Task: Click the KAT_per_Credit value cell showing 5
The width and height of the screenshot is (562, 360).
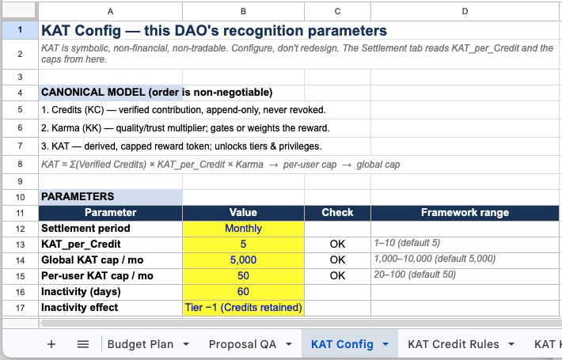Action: [x=243, y=244]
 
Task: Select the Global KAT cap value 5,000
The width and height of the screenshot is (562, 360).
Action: [x=243, y=260]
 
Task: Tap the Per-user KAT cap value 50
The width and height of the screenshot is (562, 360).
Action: [x=243, y=276]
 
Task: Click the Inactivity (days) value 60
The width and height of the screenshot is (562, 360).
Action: [x=243, y=292]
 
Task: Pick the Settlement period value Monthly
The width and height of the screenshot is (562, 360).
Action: [x=243, y=229]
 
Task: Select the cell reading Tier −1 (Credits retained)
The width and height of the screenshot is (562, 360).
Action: [x=243, y=308]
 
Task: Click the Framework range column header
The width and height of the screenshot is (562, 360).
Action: [x=465, y=213]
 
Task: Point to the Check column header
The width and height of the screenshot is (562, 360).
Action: [x=337, y=213]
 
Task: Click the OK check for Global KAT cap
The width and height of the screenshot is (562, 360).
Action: [x=337, y=260]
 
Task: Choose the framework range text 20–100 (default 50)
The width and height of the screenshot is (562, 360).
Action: [x=415, y=275]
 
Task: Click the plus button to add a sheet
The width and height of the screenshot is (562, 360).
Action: [x=51, y=344]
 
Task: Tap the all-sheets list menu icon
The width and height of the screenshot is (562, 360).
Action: [x=83, y=344]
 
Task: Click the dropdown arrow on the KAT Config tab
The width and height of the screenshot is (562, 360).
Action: [x=385, y=345]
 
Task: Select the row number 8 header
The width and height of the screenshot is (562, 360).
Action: [x=20, y=165]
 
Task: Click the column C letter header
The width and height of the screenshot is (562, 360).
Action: [x=337, y=11]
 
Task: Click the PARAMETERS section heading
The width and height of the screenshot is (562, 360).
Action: [x=78, y=197]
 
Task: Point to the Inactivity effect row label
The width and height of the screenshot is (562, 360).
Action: [x=80, y=308]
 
